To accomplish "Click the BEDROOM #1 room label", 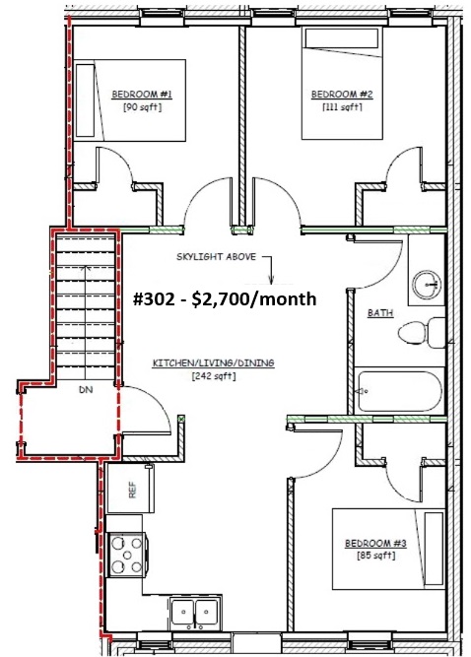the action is (x=142, y=95).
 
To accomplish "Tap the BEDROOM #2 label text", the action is (x=342, y=95).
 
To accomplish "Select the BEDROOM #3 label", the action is (x=375, y=544).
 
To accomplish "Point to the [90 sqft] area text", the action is (x=142, y=107).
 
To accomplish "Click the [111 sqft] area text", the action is (x=342, y=107).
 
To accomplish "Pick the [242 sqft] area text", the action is (x=214, y=376).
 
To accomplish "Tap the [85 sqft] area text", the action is (x=375, y=556).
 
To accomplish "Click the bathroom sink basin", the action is (x=427, y=285).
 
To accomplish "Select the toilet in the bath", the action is (x=421, y=333).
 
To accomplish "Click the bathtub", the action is (x=399, y=391).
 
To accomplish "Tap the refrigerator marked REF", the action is (x=131, y=489).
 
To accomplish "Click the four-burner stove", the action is (x=127, y=555).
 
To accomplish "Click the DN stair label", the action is (x=86, y=390).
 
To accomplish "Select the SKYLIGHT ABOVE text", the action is (x=216, y=256).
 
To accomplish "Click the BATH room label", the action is (x=380, y=312).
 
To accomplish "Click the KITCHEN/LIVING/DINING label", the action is (x=213, y=362).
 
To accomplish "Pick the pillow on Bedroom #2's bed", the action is (x=342, y=38).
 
